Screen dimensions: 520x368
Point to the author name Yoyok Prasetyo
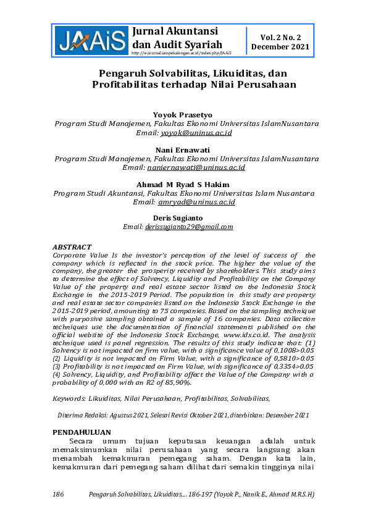[x=183, y=114]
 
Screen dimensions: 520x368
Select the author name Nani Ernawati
[x=183, y=149]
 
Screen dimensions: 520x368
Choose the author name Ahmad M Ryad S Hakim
[x=183, y=185]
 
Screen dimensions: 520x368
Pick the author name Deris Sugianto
[x=183, y=217]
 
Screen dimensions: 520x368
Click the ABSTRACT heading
[x=72, y=247]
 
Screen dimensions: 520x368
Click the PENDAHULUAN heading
[x=82, y=432]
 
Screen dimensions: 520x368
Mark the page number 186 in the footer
[x=59, y=494]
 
